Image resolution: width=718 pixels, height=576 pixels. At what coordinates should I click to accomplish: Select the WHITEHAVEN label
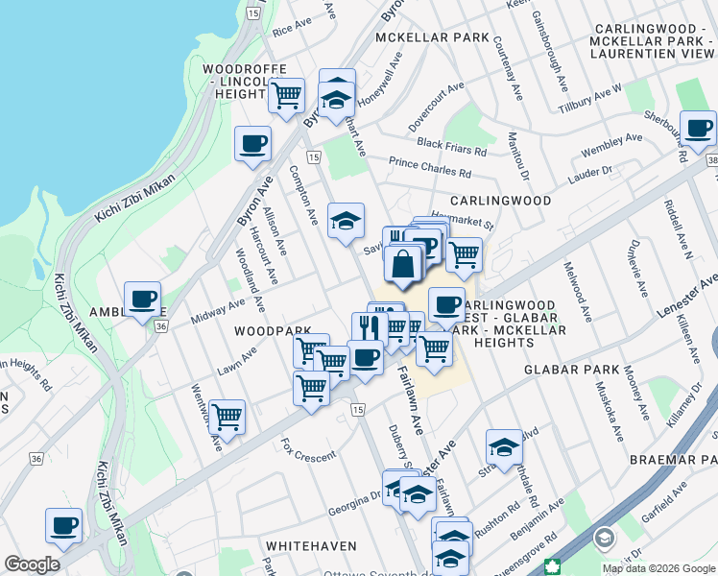click(x=304, y=544)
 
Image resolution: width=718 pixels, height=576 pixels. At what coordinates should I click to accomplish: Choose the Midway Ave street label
click(x=217, y=309)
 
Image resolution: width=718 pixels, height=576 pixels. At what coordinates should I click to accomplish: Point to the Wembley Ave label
click(x=611, y=146)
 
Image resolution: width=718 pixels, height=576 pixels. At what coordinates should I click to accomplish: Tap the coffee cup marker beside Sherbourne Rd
click(x=698, y=127)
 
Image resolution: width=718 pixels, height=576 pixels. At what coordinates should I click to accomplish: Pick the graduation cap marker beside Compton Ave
click(x=346, y=221)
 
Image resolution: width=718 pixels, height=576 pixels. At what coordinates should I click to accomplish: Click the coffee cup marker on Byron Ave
click(x=253, y=143)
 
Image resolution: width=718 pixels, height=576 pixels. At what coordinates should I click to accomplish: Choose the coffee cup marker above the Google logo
click(x=64, y=524)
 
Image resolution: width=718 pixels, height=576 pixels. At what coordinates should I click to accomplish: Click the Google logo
click(x=32, y=564)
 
